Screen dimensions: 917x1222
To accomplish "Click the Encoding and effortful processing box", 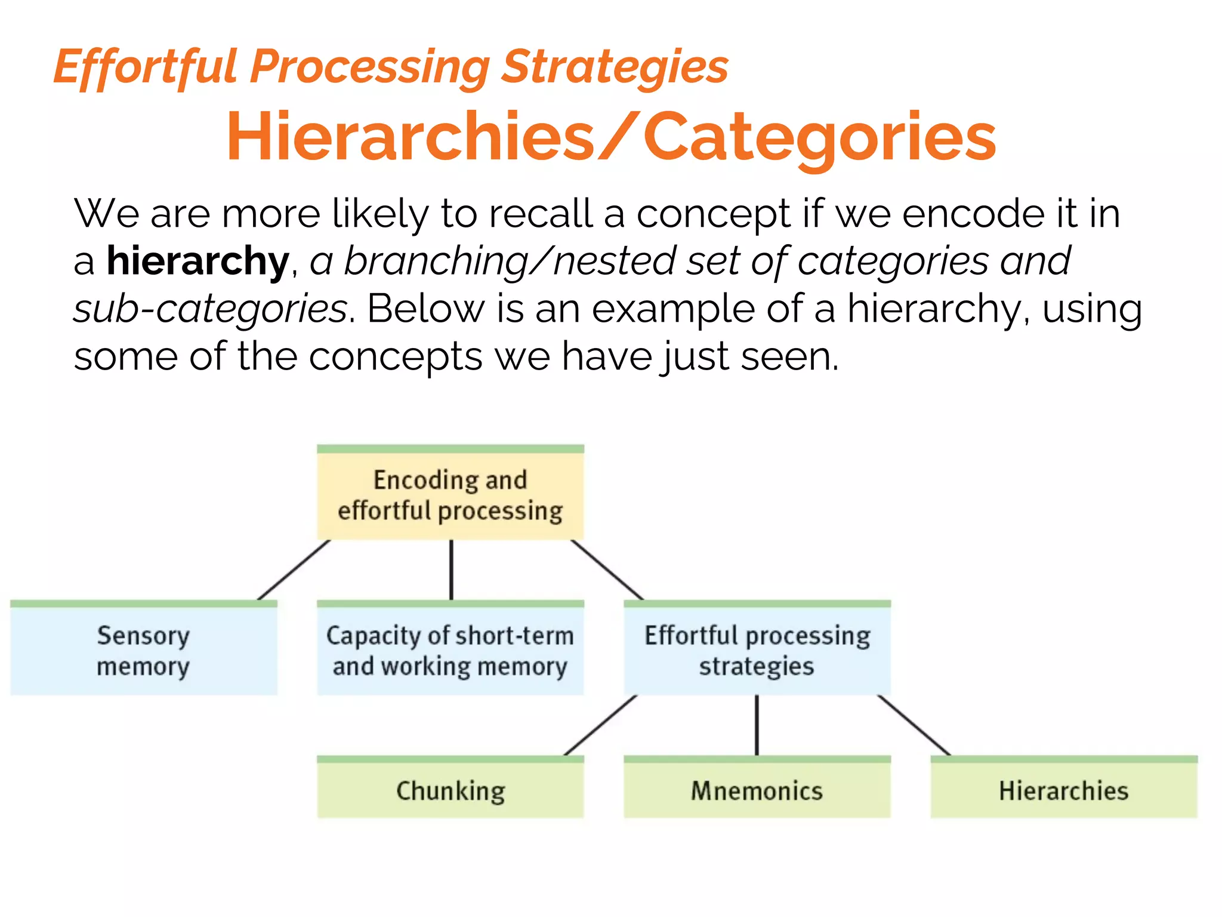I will [x=450, y=495].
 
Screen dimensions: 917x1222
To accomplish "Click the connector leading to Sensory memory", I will [x=294, y=570].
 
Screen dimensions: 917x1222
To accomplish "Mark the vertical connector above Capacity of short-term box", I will [x=451, y=570].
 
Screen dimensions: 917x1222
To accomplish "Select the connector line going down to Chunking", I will [x=600, y=725].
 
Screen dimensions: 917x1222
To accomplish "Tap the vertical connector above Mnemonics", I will [x=757, y=725].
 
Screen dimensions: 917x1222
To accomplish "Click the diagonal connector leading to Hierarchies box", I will [x=914, y=725].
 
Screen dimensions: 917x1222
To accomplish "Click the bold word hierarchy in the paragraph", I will [x=198, y=261].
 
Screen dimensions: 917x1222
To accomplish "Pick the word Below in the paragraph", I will [x=425, y=309].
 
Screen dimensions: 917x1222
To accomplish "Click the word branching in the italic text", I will [x=436, y=261].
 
